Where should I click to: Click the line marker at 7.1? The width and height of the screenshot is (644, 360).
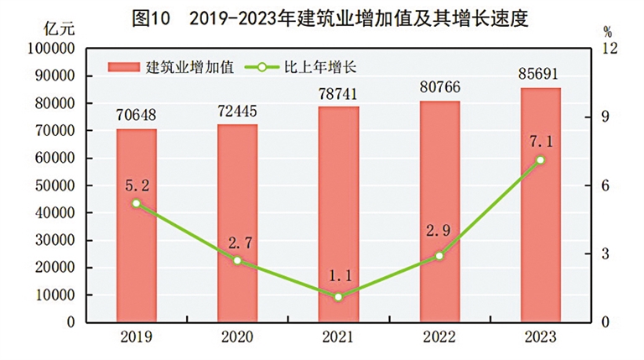point(540,159)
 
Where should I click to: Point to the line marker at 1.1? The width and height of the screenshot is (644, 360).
point(338,296)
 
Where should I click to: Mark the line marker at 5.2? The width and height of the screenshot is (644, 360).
point(136,203)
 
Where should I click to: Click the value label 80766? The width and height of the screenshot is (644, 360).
point(439,87)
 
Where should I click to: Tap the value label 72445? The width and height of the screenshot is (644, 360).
point(237,110)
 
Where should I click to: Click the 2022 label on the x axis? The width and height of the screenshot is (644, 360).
point(439,337)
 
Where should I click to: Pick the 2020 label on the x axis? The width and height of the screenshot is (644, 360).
point(237,337)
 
